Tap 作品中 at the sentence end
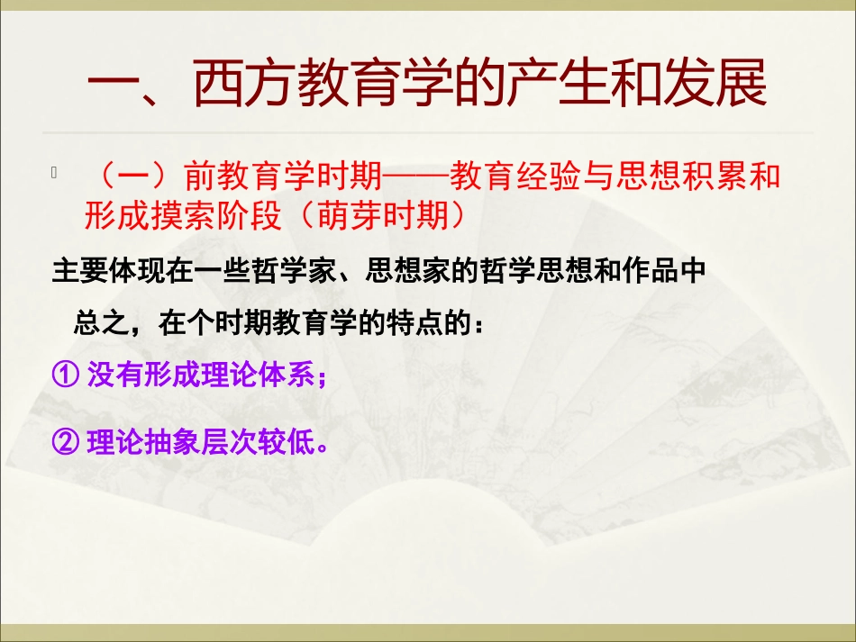coord(669,273)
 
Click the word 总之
coord(95,323)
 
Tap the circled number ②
coord(66,442)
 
